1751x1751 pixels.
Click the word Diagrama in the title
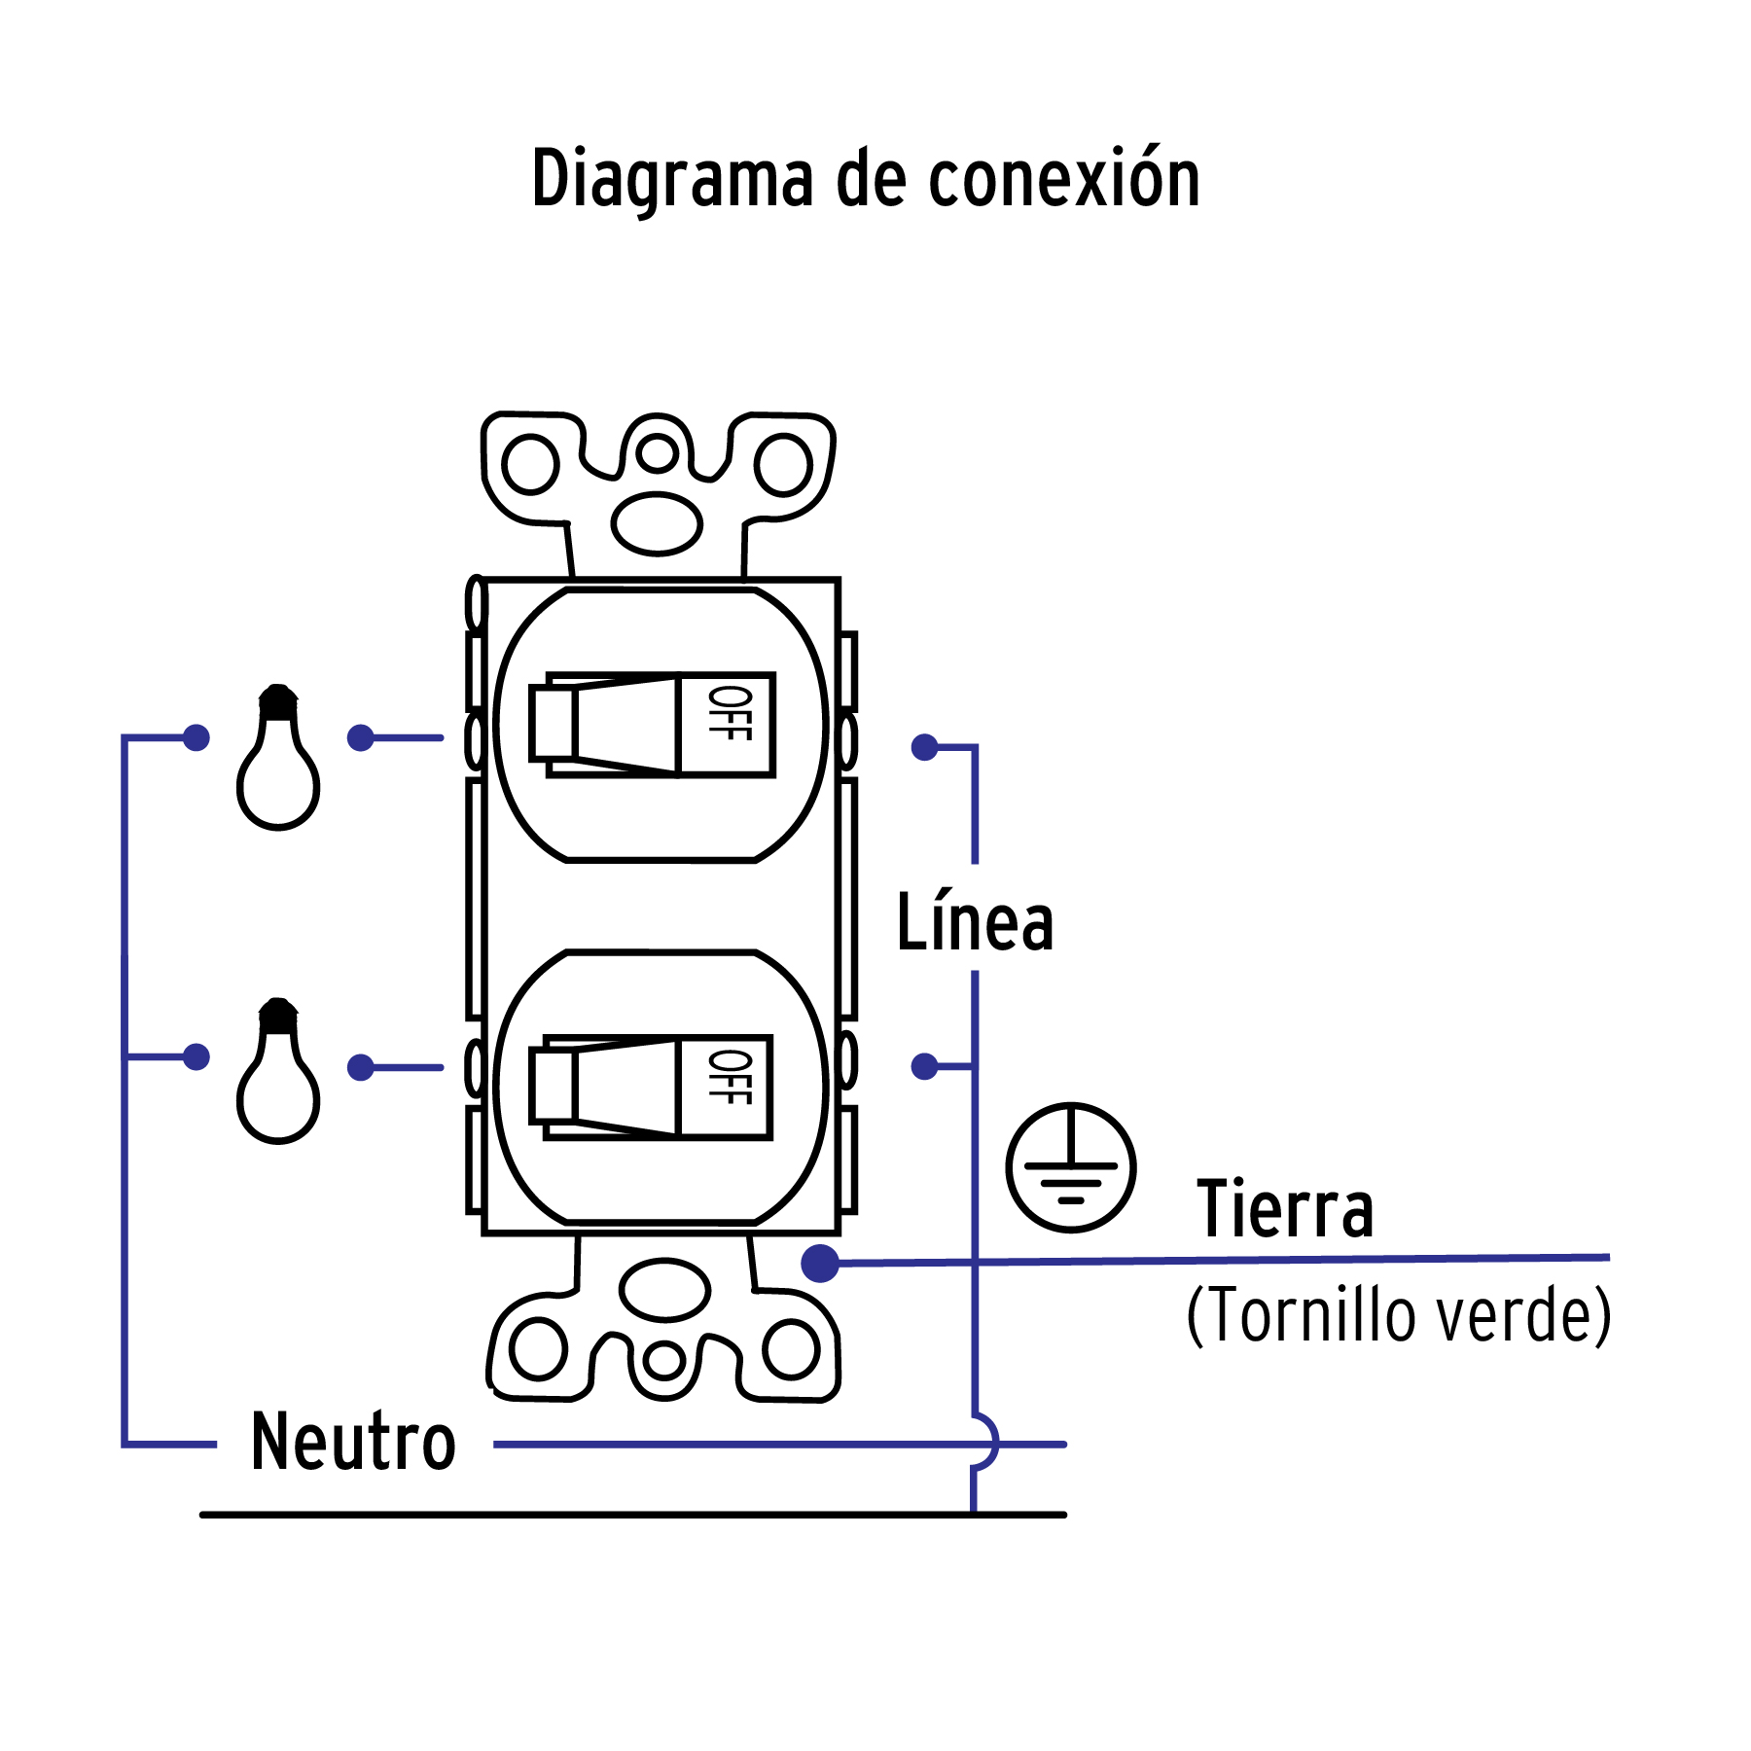click(x=672, y=179)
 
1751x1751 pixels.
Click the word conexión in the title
click(x=1064, y=179)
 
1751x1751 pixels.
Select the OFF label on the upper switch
click(x=730, y=713)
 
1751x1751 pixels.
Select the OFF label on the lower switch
click(x=730, y=1077)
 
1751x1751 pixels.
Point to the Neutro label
click(x=353, y=1443)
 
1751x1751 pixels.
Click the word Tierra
click(x=1285, y=1209)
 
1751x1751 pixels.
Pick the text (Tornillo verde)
click(x=1399, y=1315)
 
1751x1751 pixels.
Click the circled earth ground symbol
click(x=1071, y=1167)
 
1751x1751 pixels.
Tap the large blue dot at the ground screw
click(x=820, y=1264)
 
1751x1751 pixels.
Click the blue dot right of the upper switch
click(x=924, y=747)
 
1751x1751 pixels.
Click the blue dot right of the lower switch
click(x=924, y=1066)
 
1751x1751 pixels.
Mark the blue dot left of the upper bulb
click(x=197, y=738)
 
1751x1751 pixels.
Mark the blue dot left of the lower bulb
click(x=197, y=1056)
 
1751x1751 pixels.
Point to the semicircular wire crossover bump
click(x=986, y=1442)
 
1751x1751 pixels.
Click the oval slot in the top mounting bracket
click(x=657, y=523)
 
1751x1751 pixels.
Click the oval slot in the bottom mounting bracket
click(x=665, y=1290)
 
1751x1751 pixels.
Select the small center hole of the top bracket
click(x=658, y=453)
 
